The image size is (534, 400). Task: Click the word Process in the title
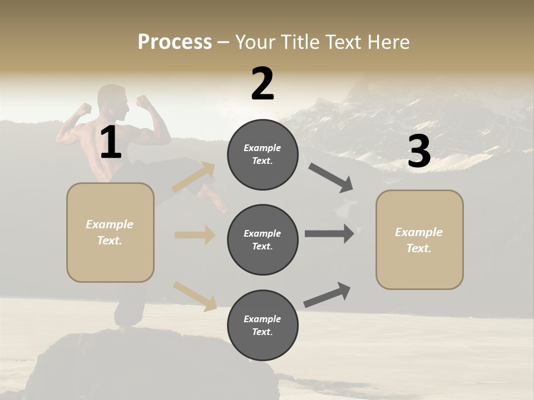[175, 42]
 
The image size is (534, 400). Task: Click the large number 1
[111, 143]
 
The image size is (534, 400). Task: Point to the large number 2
[263, 84]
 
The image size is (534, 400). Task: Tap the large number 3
[419, 152]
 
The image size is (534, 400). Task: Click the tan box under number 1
[110, 232]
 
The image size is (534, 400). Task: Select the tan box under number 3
[419, 239]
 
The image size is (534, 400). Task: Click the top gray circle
[263, 154]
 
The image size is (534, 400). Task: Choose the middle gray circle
[263, 239]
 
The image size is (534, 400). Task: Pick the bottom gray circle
[263, 325]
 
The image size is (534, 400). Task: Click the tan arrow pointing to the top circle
[194, 177]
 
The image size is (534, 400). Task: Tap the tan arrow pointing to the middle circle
[195, 235]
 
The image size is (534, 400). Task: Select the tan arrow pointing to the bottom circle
[195, 296]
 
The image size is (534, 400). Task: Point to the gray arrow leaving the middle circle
[329, 234]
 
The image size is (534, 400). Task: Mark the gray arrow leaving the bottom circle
[327, 295]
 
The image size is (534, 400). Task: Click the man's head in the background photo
[111, 98]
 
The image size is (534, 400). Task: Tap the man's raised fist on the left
[83, 108]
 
